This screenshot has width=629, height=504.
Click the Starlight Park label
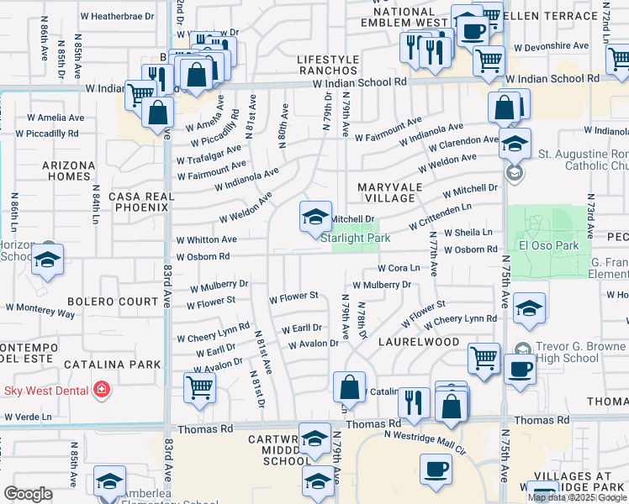356,238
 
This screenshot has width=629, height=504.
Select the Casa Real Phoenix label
140,202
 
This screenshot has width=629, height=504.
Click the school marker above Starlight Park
315,217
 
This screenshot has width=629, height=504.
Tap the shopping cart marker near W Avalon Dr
199,387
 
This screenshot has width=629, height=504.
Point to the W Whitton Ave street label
206,239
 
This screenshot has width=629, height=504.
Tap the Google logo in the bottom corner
28,494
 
